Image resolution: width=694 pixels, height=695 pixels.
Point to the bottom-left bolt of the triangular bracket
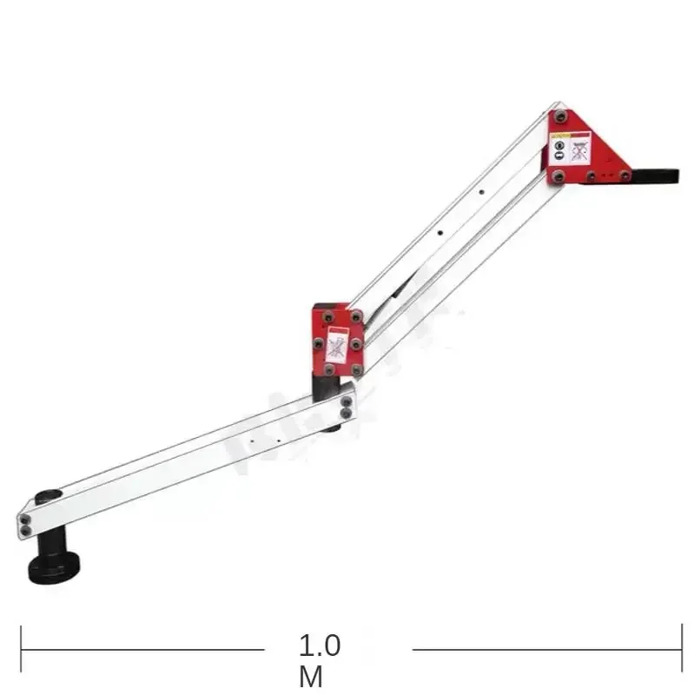tap(558, 176)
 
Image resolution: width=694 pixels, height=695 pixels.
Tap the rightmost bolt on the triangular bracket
tap(625, 175)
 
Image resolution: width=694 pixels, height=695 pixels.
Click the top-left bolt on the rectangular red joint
tap(327, 316)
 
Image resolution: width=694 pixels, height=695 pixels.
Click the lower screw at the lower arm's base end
tap(26, 530)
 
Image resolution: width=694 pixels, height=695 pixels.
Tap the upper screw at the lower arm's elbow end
tap(347, 401)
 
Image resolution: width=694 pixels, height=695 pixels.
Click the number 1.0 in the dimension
tap(320, 646)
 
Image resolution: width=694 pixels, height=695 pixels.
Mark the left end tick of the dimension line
tap(21, 649)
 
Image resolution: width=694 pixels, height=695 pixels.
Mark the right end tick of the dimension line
tap(680, 649)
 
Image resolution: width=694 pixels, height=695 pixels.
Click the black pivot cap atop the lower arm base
tap(49, 497)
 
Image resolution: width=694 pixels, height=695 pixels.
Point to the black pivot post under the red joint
tap(327, 387)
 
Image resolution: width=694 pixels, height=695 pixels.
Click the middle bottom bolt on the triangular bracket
tap(592, 176)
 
